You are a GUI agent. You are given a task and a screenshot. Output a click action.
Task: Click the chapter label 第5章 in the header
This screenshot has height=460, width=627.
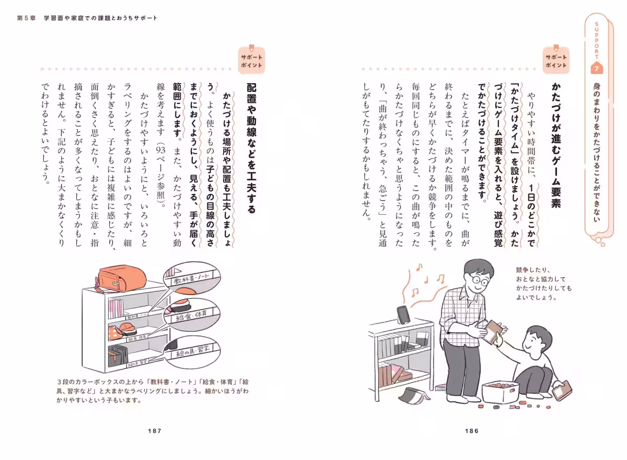[x=27, y=18]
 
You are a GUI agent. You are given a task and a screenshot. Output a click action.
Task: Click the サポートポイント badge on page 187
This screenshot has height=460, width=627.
[x=251, y=61]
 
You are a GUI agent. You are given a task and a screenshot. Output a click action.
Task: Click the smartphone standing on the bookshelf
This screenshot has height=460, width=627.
[x=402, y=315]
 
